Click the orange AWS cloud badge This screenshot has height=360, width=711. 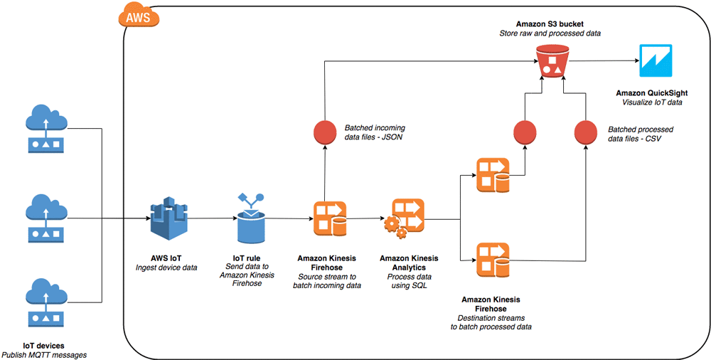tap(139, 17)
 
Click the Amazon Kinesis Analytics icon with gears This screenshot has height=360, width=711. tap(404, 218)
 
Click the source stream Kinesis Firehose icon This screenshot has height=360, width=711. tap(330, 219)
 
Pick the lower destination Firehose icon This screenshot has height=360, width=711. tap(493, 260)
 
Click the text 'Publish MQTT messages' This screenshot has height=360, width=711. tap(44, 354)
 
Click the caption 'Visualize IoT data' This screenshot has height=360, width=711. tap(651, 102)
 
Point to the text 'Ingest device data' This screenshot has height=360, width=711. tap(166, 268)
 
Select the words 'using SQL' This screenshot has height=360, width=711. tap(409, 285)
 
